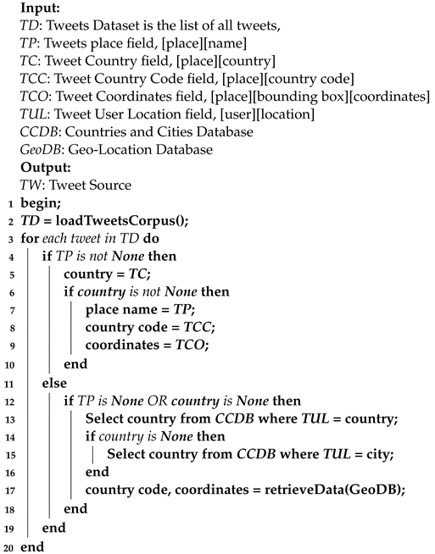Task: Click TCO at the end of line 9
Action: coord(188,347)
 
